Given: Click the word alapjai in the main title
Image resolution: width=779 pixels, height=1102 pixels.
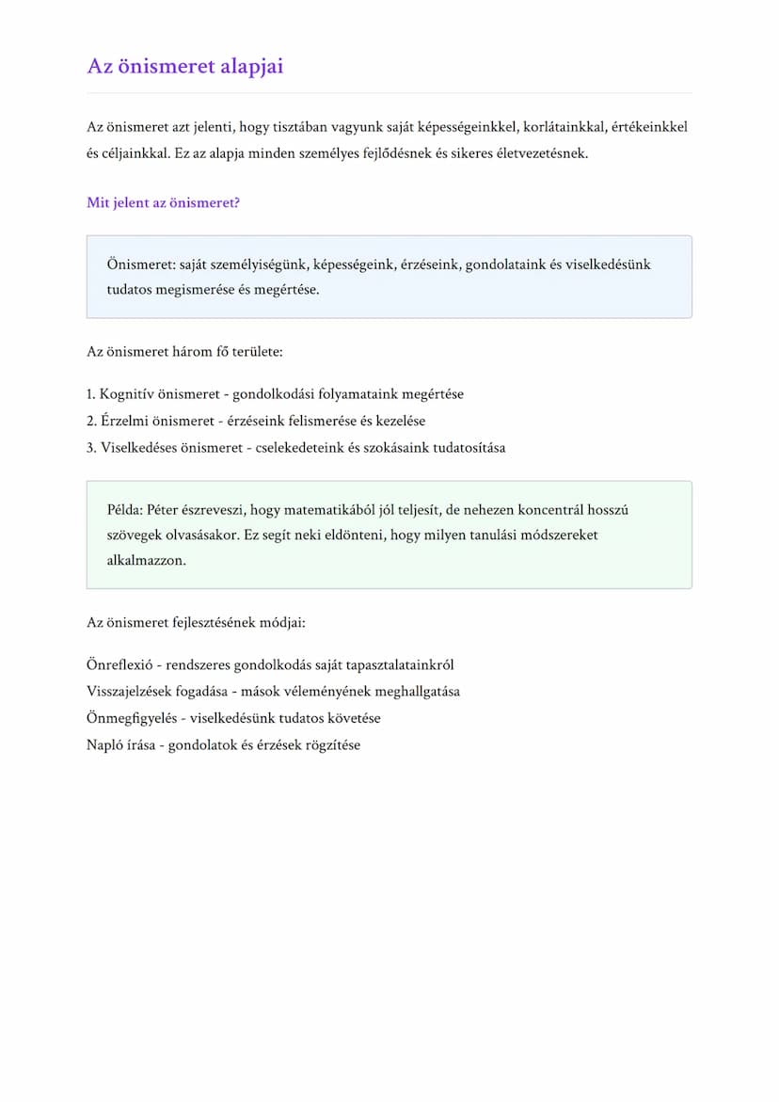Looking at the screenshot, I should click(x=249, y=67).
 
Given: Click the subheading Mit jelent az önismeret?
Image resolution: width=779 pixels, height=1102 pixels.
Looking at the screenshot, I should click(x=163, y=202).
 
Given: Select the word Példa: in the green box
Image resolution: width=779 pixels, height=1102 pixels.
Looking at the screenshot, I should click(x=126, y=510).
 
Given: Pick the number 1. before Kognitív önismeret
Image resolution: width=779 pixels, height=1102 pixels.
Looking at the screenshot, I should click(x=91, y=394).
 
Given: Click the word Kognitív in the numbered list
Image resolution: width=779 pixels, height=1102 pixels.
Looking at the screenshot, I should click(x=127, y=394).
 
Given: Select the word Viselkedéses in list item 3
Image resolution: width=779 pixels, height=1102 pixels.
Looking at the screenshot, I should click(x=139, y=447).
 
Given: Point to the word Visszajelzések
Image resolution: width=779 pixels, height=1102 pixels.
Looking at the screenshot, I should click(x=133, y=692).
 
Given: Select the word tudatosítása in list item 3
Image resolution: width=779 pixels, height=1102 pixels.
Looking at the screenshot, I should click(x=469, y=447).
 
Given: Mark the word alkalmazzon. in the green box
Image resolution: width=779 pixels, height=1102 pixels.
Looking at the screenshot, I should click(x=147, y=560).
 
